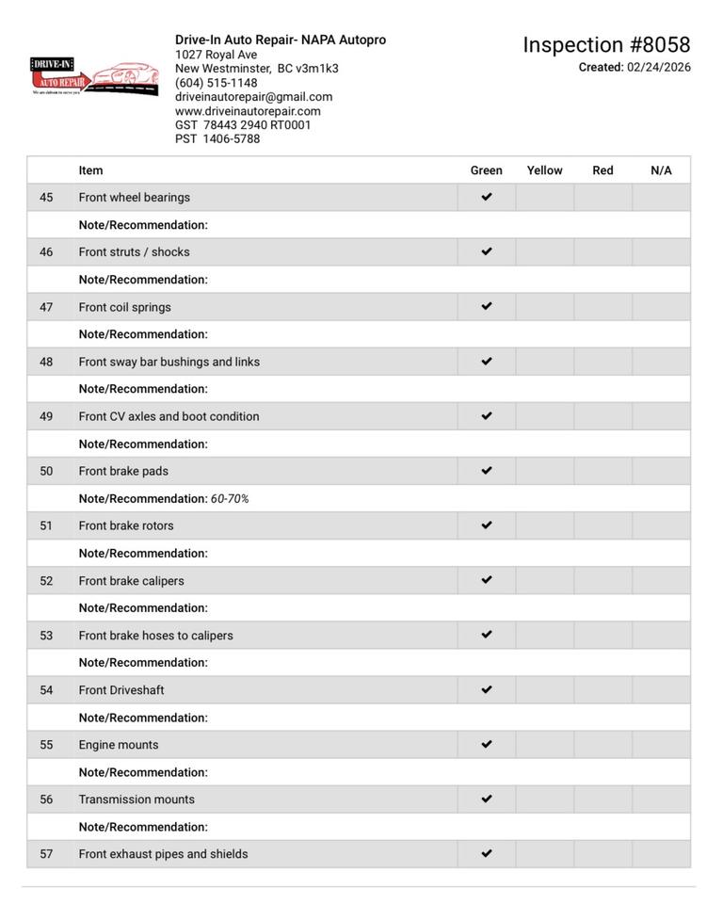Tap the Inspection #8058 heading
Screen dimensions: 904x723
[x=606, y=45]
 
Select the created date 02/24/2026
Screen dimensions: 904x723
[x=659, y=68]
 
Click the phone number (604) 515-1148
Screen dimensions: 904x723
[x=216, y=83]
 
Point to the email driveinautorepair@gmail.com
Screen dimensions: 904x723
[x=253, y=97]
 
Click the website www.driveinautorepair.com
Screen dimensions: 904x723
[x=248, y=111]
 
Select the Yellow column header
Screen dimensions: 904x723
[x=544, y=170]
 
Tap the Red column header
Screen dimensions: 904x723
[x=602, y=170]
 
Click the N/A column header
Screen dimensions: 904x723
[x=661, y=170]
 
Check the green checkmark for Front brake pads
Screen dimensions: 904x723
[x=487, y=471]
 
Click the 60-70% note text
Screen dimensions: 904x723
[x=230, y=499]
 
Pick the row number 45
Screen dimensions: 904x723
[x=46, y=198]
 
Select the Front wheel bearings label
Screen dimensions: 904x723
[x=134, y=198]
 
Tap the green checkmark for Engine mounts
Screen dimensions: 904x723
[x=487, y=745]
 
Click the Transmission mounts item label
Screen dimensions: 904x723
[x=137, y=799]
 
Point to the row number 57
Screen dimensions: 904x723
[x=46, y=854]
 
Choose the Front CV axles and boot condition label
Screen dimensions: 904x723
[x=169, y=416]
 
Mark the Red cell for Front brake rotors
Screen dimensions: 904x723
[x=602, y=525]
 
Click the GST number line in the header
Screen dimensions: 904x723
[x=243, y=125]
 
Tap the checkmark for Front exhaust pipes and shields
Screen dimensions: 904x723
[x=487, y=854]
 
